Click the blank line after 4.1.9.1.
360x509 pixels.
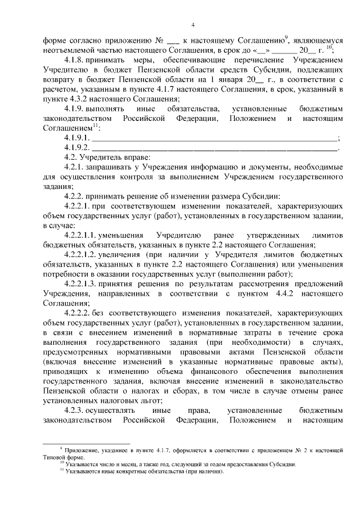pyautogui.click(x=214, y=138)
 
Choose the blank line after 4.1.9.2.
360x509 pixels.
pyautogui.click(x=214, y=148)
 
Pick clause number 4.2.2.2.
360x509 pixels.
pyautogui.click(x=79, y=314)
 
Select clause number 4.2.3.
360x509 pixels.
pyautogui.click(x=75, y=411)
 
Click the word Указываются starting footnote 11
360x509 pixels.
pyautogui.click(x=82, y=472)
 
